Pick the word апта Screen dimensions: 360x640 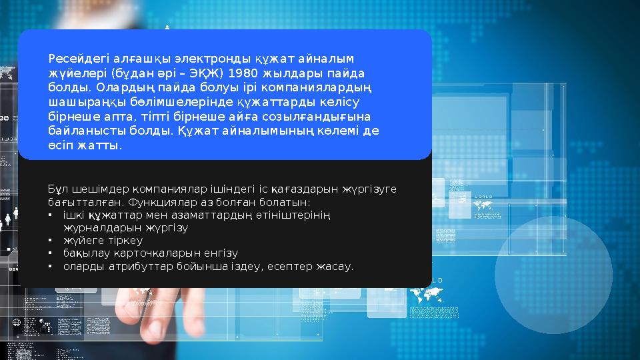click(120, 116)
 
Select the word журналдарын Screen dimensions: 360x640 click(94, 227)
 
